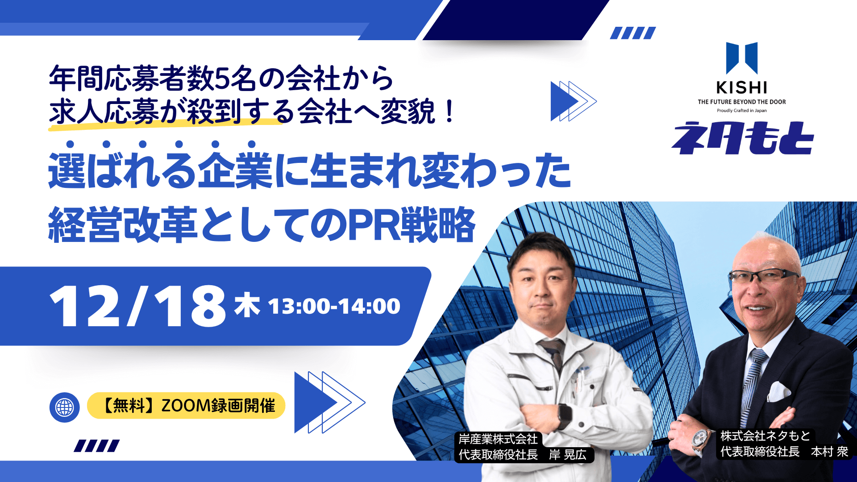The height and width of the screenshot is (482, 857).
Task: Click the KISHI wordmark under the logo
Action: click(741, 87)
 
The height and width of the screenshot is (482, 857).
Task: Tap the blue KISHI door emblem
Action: click(741, 58)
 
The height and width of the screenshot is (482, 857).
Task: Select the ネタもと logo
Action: click(742, 138)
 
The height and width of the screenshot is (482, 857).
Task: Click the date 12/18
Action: click(137, 307)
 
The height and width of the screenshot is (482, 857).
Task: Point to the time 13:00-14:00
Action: click(334, 306)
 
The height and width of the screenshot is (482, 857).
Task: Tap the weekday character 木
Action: click(247, 305)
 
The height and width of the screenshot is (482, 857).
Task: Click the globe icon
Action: click(65, 407)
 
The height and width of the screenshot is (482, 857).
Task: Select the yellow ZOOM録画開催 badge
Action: click(186, 406)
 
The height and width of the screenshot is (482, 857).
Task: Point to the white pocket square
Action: click(779, 391)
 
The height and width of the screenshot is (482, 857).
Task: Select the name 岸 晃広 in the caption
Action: click(568, 454)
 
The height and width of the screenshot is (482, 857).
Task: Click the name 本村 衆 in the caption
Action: click(829, 452)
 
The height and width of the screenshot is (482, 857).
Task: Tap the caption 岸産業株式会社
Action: click(498, 439)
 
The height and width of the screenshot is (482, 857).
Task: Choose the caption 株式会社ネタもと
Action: click(765, 436)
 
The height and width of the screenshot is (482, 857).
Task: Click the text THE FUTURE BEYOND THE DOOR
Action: click(741, 102)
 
